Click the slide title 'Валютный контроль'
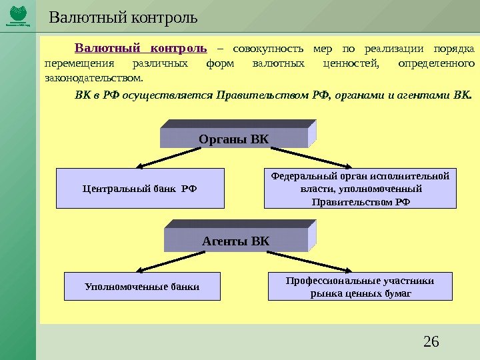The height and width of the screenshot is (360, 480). coord(123,16)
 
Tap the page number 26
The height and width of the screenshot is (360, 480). coord(431,342)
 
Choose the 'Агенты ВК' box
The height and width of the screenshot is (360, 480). coord(235,240)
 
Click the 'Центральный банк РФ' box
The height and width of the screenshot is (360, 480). coord(140,189)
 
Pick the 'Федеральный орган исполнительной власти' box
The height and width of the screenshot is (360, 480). coord(361,189)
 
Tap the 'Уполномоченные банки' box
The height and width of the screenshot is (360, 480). coord(142,287)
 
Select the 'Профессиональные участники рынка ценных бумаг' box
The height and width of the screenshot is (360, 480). coord(359,287)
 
